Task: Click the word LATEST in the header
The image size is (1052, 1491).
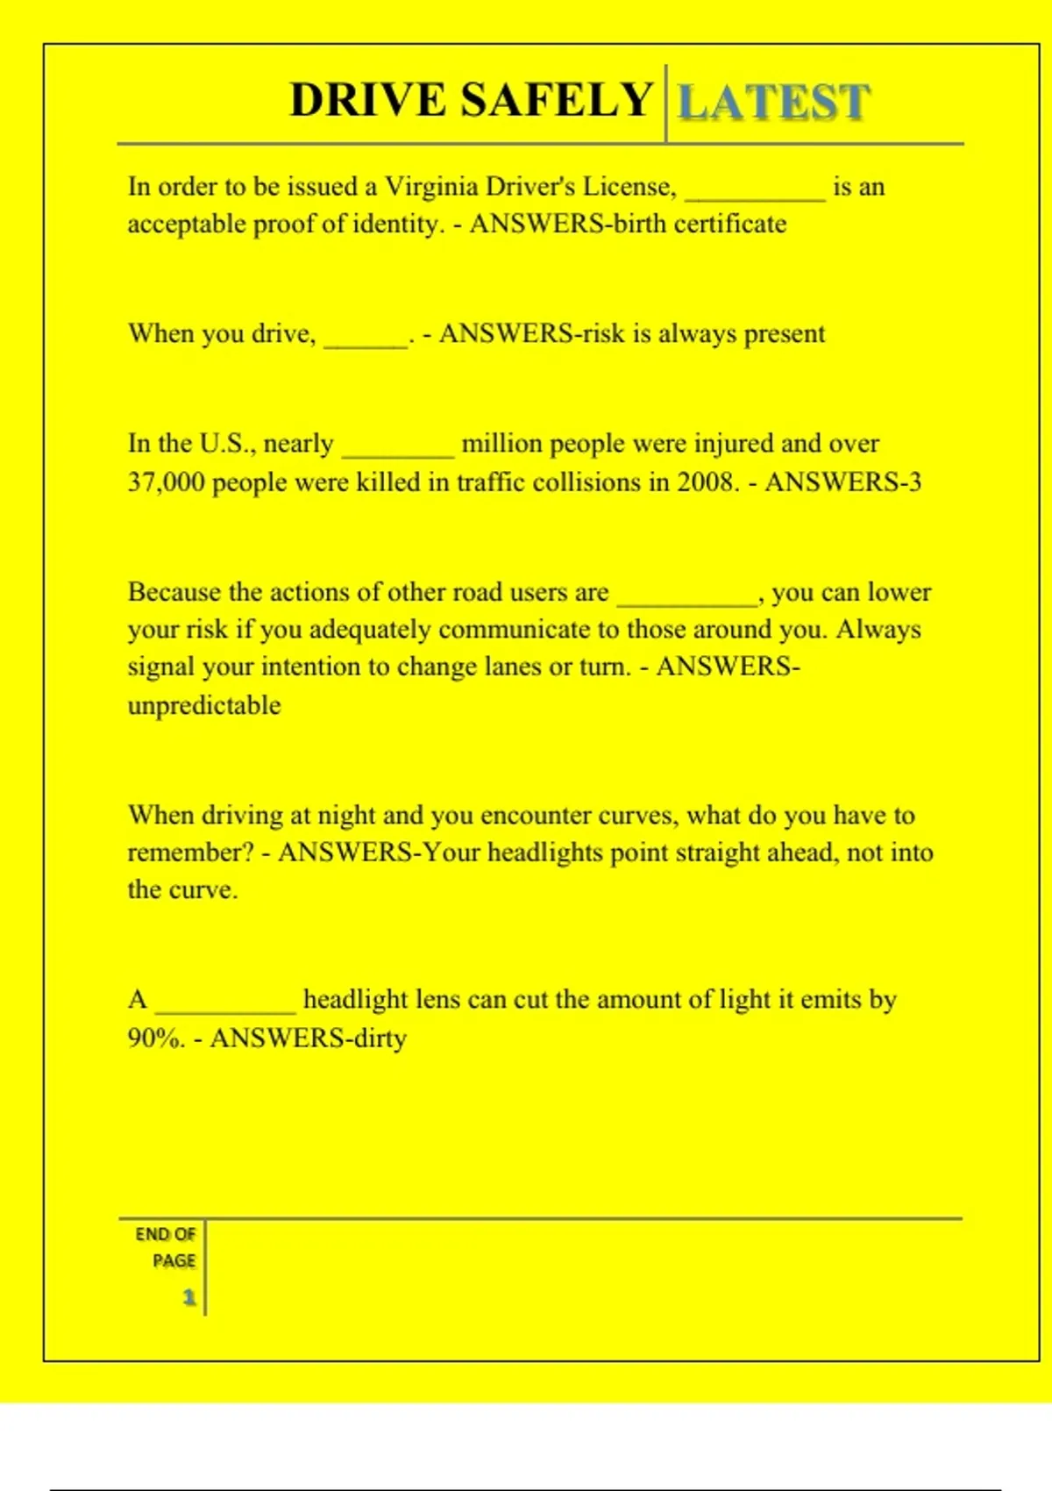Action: [774, 102]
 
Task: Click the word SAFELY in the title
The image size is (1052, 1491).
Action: [557, 100]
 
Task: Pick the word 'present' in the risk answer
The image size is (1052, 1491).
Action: [785, 334]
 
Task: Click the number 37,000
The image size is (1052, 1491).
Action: [166, 482]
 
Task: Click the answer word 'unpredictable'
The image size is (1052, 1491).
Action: [204, 705]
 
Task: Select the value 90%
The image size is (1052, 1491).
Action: [155, 1038]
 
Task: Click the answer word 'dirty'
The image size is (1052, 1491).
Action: [380, 1038]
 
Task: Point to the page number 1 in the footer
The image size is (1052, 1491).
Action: [188, 1297]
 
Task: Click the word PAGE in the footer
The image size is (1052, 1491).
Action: [174, 1261]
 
